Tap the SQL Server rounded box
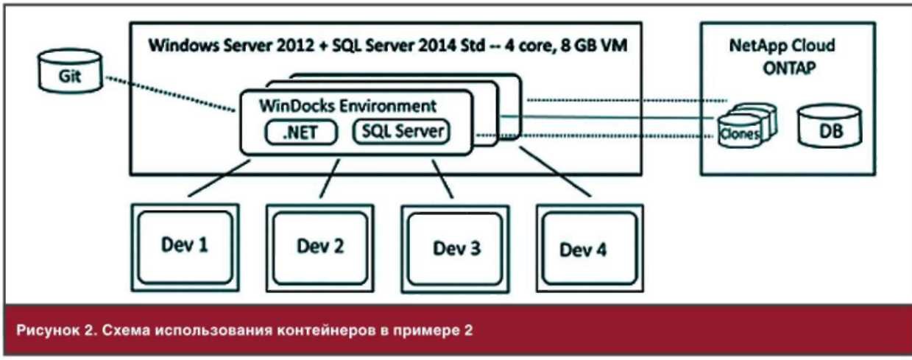click(x=401, y=132)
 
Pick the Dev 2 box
click(x=320, y=246)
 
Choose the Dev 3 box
click(x=455, y=247)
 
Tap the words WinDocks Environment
click(x=347, y=105)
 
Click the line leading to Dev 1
click(x=216, y=179)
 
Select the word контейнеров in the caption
click(x=323, y=328)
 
